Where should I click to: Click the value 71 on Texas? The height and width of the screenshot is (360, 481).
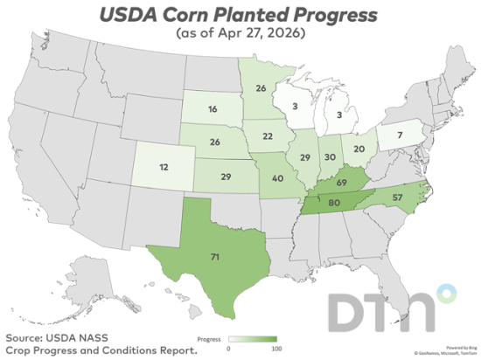213,258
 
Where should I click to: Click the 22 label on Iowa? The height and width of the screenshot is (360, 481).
268,136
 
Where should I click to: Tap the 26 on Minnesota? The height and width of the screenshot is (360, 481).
261,88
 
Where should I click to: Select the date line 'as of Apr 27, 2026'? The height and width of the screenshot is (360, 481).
240,33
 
